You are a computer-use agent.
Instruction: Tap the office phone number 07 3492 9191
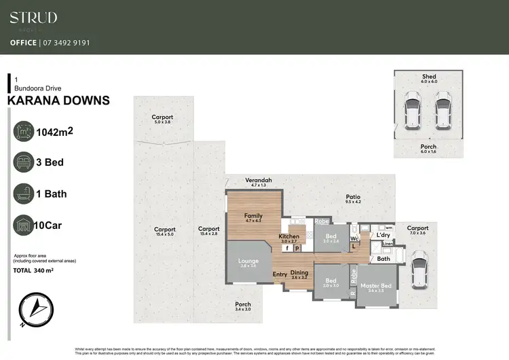coord(66,42)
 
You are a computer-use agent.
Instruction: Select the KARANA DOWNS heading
coord(58,101)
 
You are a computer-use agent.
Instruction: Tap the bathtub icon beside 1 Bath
coord(24,194)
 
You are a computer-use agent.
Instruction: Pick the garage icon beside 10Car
coord(24,225)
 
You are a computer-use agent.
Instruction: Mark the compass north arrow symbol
coord(33,310)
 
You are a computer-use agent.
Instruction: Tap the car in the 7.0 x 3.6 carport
coord(418,266)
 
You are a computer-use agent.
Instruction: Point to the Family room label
coord(252,216)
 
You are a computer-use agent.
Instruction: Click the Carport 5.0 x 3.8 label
coord(163,118)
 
